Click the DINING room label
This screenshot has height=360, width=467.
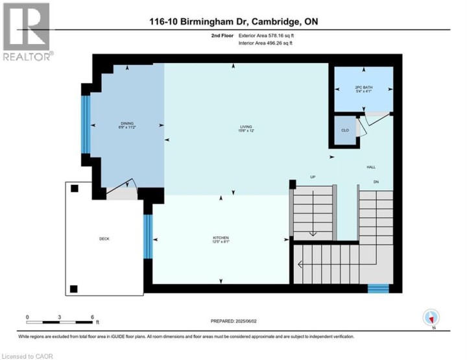pyautogui.click(x=126, y=125)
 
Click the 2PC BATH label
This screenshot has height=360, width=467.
pyautogui.click(x=363, y=89)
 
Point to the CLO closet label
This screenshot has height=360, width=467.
pyautogui.click(x=345, y=130)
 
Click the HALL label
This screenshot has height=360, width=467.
pyautogui.click(x=371, y=167)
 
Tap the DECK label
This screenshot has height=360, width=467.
pyautogui.click(x=104, y=239)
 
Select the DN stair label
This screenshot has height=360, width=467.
pyautogui.click(x=376, y=182)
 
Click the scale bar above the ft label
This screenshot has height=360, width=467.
pyautogui.click(x=60, y=321)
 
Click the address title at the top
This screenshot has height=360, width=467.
pyautogui.click(x=233, y=21)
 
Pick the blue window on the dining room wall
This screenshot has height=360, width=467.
pyautogui.click(x=85, y=124)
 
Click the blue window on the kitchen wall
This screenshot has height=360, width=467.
pyautogui.click(x=147, y=237)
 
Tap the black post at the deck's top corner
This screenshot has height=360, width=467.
pyautogui.click(x=75, y=189)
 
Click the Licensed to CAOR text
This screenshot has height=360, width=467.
pyautogui.click(x=28, y=355)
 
